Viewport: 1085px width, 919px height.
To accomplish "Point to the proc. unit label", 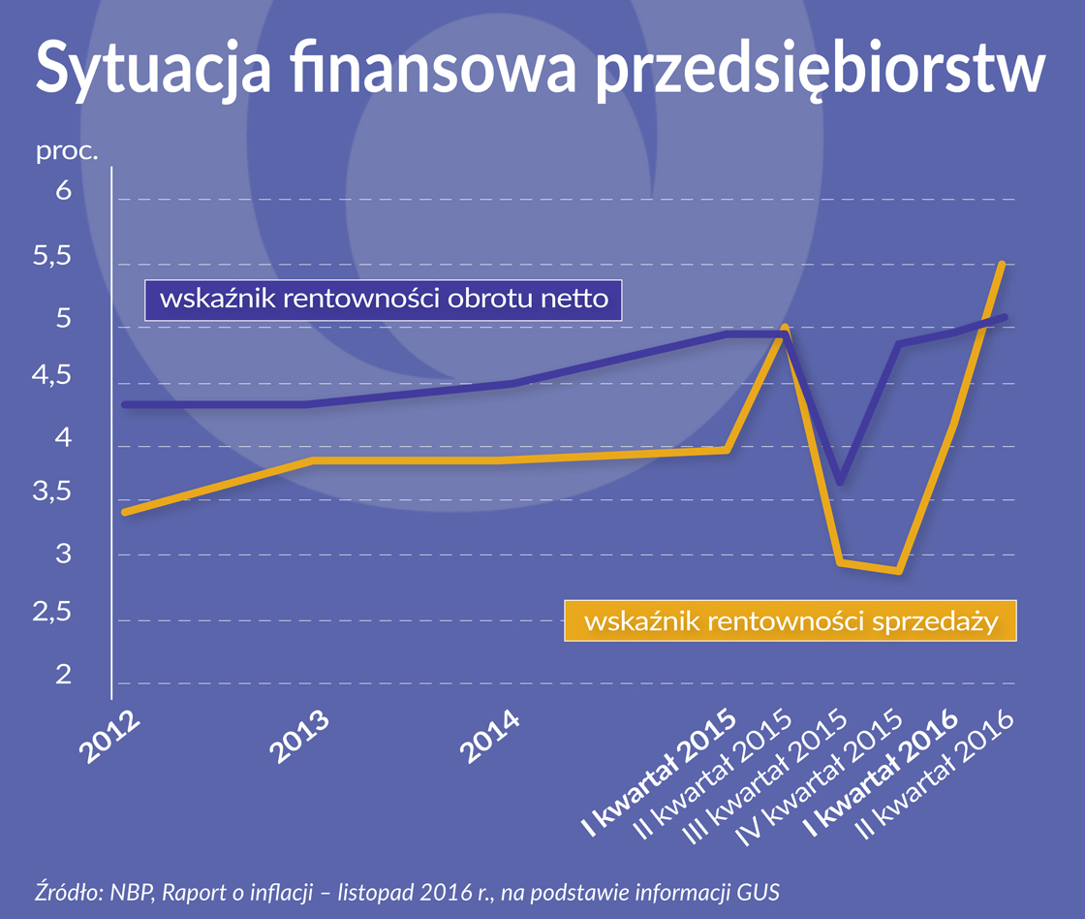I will [x=67, y=152].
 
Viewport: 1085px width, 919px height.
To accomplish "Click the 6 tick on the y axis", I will [x=64, y=190].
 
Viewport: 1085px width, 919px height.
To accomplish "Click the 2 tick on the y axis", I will [x=64, y=675].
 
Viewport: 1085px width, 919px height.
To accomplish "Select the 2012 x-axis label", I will [x=108, y=742].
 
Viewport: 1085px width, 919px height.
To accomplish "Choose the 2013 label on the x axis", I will [x=298, y=742].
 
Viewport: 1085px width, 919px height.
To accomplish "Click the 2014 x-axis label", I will [x=489, y=742].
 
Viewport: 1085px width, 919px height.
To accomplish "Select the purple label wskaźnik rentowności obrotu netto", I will [x=383, y=300].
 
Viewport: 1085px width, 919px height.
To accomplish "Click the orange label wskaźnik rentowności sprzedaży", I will [x=790, y=620].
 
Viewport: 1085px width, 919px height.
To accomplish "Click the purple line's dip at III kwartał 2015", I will [x=840, y=482].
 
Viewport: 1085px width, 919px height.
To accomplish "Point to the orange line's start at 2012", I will [x=124, y=512].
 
